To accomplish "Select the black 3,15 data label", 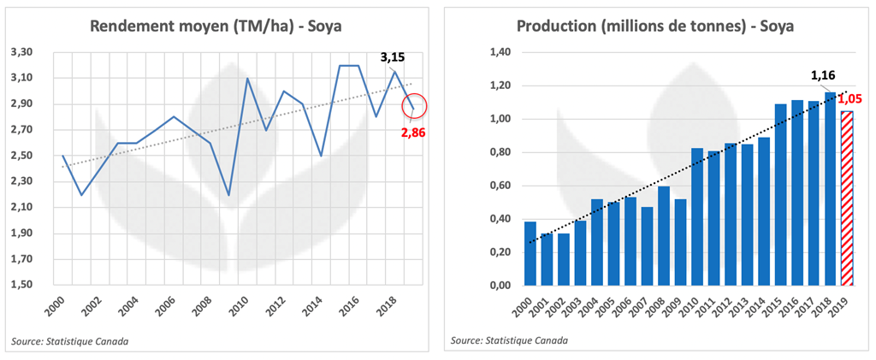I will pyautogui.click(x=392, y=57).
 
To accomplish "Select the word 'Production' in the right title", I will pyautogui.click(x=555, y=26).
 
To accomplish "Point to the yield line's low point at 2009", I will pyautogui.click(x=228, y=195).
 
